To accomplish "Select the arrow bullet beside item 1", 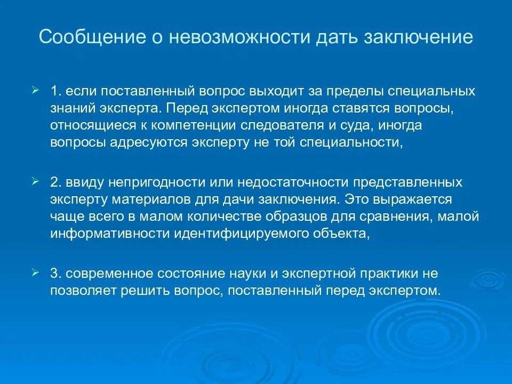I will [x=35, y=90].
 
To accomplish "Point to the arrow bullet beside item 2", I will [x=35, y=182].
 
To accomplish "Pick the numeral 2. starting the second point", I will [x=57, y=182].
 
